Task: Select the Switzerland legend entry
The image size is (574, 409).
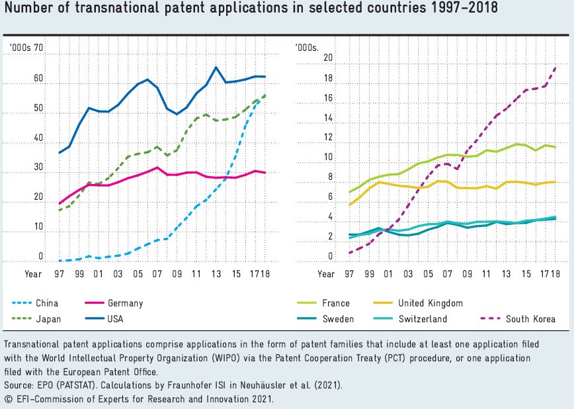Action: (423, 319)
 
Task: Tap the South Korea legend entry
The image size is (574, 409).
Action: (530, 319)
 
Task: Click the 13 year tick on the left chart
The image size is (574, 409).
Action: (216, 273)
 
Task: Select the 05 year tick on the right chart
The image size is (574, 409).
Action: (428, 273)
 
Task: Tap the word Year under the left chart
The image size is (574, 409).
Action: (33, 273)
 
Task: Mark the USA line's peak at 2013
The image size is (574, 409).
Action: (216, 67)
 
